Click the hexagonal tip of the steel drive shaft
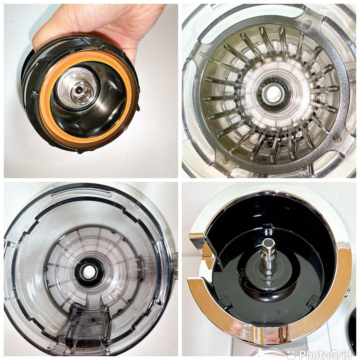tap(268, 243)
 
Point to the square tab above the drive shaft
tap(268, 226)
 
